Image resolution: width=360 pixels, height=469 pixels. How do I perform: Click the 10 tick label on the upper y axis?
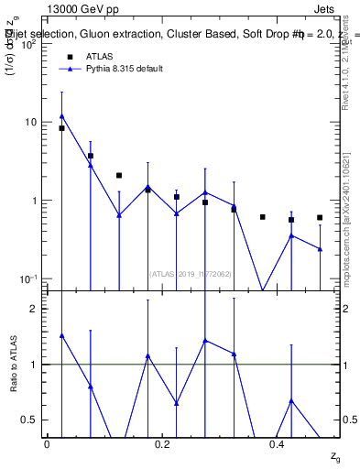coord(31,122)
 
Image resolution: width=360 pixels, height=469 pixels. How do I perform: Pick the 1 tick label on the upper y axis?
coord(35,201)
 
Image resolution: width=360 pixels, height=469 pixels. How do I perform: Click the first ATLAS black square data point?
coord(61,128)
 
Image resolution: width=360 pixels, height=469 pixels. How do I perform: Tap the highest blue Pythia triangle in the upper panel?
coord(61,116)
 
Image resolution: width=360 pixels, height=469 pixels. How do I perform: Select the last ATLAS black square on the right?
coord(320,218)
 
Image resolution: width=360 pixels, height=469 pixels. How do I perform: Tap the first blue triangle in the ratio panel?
coord(61,336)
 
